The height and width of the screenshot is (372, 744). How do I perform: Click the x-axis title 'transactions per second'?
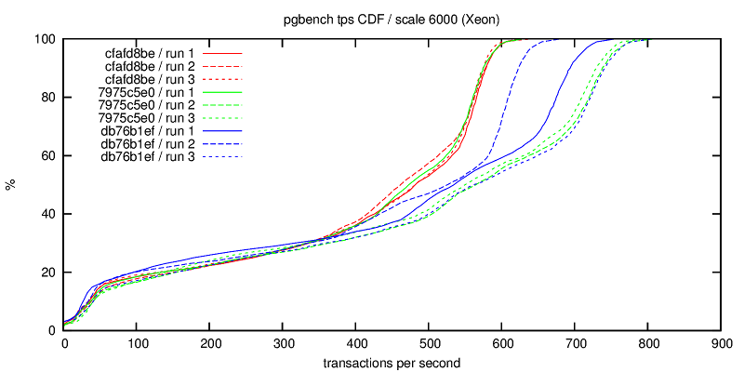point(392,361)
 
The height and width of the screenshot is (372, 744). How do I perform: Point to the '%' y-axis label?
point(11,185)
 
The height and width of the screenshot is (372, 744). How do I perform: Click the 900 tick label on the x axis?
point(721,343)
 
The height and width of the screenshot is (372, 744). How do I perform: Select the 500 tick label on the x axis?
point(429,343)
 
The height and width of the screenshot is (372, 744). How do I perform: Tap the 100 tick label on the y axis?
point(45,39)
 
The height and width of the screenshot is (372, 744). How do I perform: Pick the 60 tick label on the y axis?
point(48,155)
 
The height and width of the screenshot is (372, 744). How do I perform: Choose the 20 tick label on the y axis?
point(48,272)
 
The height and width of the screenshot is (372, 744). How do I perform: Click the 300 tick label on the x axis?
point(283,343)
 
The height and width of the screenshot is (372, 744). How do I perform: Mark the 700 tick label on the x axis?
point(575,343)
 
